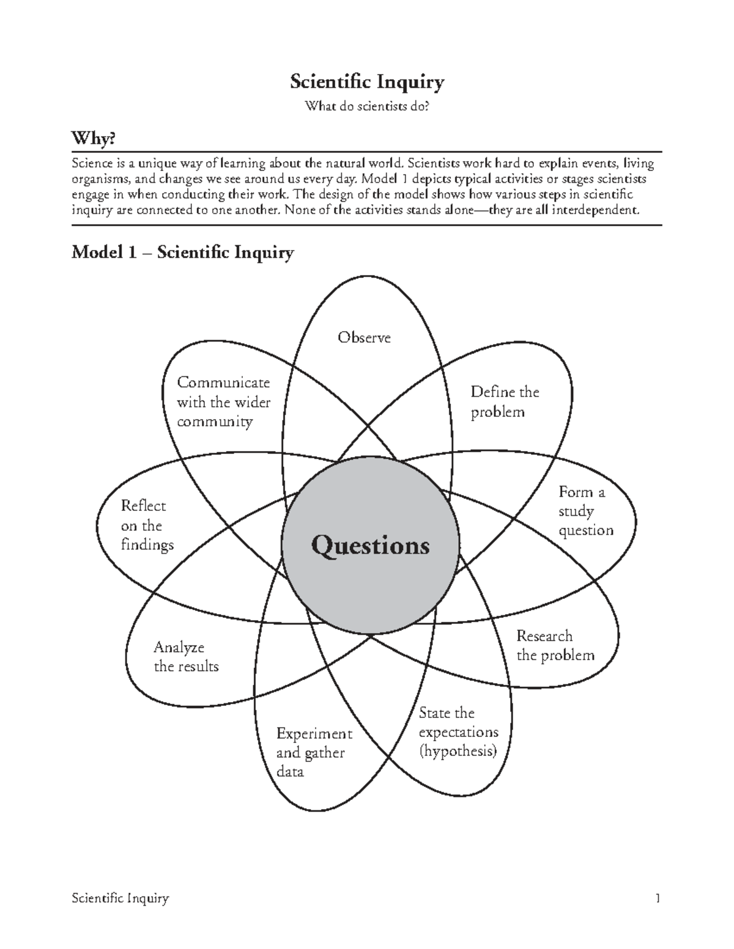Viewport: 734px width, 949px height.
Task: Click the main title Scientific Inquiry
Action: (367, 81)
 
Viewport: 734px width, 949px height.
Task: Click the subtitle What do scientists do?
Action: (367, 107)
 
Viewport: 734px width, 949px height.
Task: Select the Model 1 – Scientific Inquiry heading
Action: (182, 252)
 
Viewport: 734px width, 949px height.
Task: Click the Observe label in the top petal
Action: (364, 337)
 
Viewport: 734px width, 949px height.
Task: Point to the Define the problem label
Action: (504, 401)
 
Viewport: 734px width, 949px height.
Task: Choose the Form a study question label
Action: (585, 511)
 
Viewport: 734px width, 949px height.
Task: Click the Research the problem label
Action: (555, 645)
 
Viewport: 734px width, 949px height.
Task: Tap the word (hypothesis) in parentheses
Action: (458, 751)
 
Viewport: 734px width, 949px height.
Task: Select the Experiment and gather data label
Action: (314, 752)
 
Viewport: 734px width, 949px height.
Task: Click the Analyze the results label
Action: (186, 656)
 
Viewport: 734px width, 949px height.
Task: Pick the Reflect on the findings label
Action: (147, 525)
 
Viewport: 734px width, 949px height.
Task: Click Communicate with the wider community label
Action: (223, 402)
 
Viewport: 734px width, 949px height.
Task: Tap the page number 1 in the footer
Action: (658, 898)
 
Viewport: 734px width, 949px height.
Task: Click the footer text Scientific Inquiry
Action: (120, 898)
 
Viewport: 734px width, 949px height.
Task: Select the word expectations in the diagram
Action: (458, 732)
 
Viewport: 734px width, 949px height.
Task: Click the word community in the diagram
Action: (215, 422)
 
